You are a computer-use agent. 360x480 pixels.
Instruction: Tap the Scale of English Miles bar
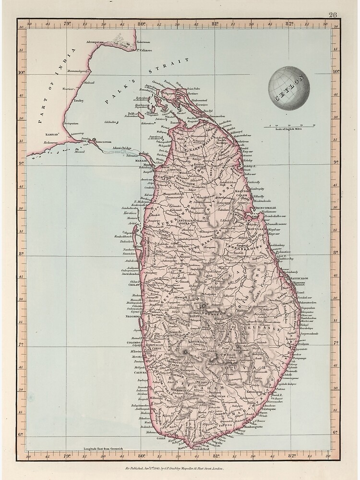click(x=289, y=127)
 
